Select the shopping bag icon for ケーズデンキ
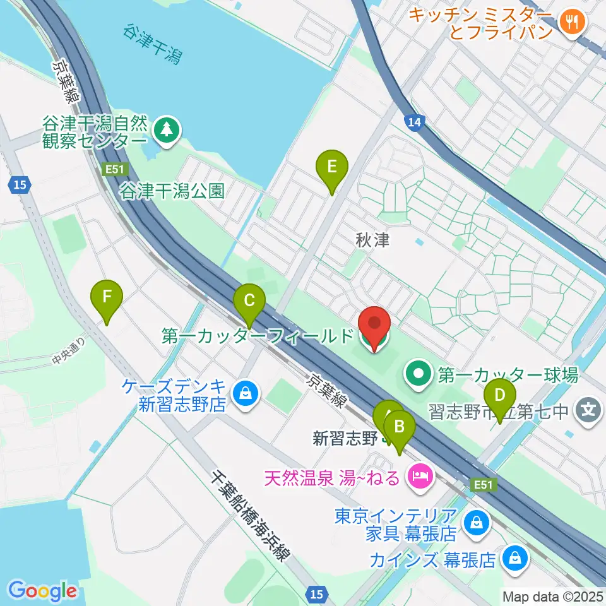[x=243, y=395]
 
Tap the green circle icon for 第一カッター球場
[x=417, y=376]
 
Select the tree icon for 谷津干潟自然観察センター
[x=167, y=131]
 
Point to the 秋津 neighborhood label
[x=372, y=240]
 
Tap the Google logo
[x=43, y=591]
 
